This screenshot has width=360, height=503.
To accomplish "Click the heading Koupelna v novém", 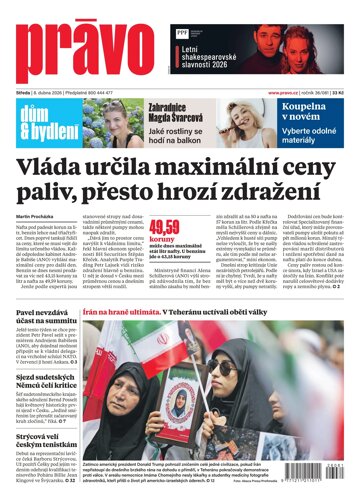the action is (x=314, y=116).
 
